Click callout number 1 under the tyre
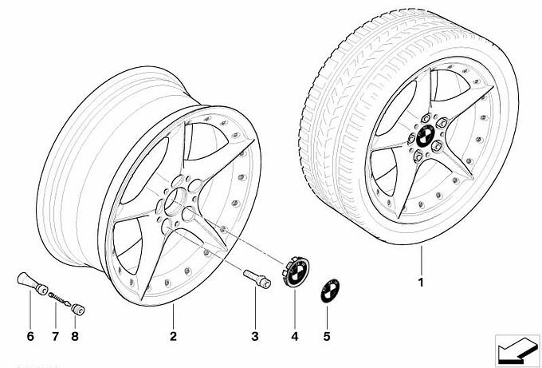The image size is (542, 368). click(x=421, y=283)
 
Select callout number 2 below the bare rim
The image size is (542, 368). click(x=173, y=336)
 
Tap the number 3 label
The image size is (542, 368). click(x=255, y=336)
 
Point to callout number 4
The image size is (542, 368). click(x=294, y=336)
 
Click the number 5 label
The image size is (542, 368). click(x=327, y=336)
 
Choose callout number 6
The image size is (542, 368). click(x=30, y=336)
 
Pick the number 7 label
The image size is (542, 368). click(x=55, y=336)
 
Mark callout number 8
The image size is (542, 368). click(x=75, y=336)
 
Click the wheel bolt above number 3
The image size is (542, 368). click(x=257, y=279)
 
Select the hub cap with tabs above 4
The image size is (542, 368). click(x=296, y=271)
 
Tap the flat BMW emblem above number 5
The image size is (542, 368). click(x=330, y=290)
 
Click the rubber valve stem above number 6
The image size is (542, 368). click(x=32, y=283)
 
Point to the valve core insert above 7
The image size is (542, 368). click(x=60, y=299)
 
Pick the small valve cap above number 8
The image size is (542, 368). click(x=78, y=309)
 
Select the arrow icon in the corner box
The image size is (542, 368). click(x=517, y=350)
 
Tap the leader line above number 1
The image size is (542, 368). click(x=422, y=260)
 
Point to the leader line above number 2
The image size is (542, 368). click(x=173, y=316)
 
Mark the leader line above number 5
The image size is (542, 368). click(x=327, y=317)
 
